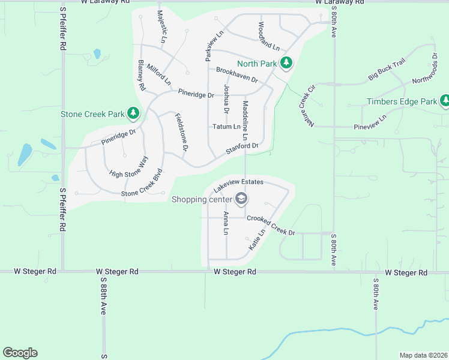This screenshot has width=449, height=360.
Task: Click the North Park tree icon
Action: pyautogui.click(x=286, y=62)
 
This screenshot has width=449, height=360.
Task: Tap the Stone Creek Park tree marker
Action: pyautogui.click(x=133, y=113)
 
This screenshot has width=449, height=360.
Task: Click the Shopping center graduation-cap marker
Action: pyautogui.click(x=241, y=199)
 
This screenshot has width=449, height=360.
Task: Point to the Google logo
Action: pyautogui.click(x=20, y=353)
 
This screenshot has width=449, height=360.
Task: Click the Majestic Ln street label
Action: pyautogui.click(x=161, y=26)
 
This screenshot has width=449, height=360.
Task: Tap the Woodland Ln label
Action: pyautogui.click(x=268, y=36)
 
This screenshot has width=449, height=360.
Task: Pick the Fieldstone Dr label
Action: pyautogui.click(x=181, y=131)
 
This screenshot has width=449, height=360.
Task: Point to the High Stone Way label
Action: pyautogui.click(x=128, y=166)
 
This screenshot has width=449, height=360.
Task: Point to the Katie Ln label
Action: pyautogui.click(x=256, y=240)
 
